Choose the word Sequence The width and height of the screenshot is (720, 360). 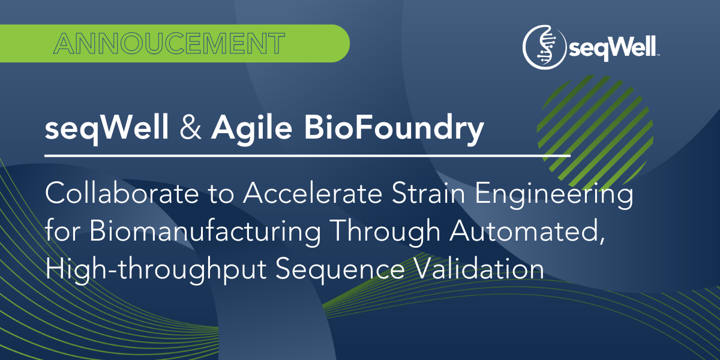(x=342, y=271)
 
